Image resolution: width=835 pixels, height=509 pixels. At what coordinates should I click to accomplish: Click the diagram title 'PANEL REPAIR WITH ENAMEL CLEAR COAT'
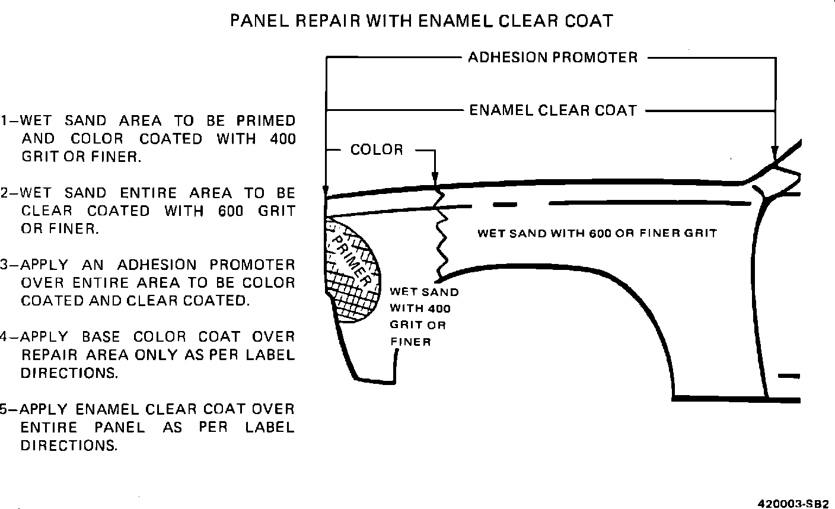(x=421, y=21)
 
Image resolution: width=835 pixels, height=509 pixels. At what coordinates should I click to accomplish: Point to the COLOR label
(x=377, y=149)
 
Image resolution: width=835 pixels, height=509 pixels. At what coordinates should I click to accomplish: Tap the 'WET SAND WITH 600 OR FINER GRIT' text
(x=597, y=233)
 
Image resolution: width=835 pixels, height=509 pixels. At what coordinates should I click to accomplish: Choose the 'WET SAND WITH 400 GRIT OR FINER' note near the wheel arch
(x=423, y=317)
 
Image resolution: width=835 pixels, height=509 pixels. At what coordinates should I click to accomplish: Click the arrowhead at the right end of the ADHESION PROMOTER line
(x=775, y=152)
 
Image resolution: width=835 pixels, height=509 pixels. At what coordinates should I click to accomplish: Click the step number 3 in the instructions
(x=4, y=265)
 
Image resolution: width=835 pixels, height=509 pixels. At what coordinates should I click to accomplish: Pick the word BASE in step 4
(x=100, y=337)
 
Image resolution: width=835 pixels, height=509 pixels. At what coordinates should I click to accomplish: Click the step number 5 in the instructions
(x=4, y=409)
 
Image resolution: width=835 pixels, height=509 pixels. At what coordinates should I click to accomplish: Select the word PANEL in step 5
(x=119, y=427)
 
